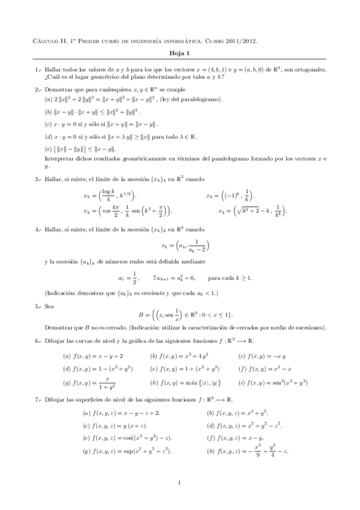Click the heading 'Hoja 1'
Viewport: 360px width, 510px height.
click(180, 54)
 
